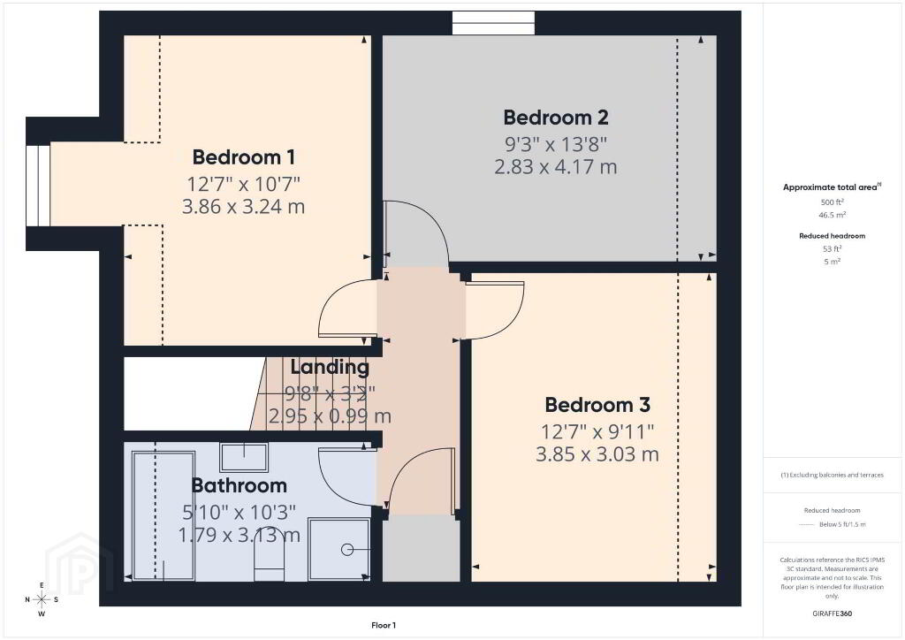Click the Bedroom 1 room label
pyautogui.click(x=244, y=157)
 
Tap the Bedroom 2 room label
pyautogui.click(x=556, y=118)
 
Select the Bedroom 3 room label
pyautogui.click(x=597, y=405)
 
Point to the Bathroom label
pyautogui.click(x=239, y=485)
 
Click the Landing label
pyautogui.click(x=330, y=367)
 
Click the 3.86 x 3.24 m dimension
pyautogui.click(x=244, y=206)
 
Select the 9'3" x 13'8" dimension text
pyautogui.click(x=556, y=144)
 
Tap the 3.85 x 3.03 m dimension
pyautogui.click(x=597, y=453)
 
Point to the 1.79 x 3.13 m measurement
pyautogui.click(x=239, y=535)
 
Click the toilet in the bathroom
pyautogui.click(x=269, y=555)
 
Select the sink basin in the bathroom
pyautogui.click(x=244, y=457)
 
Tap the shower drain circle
pyautogui.click(x=346, y=550)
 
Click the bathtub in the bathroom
pyautogui.click(x=164, y=516)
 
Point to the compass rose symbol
pyautogui.click(x=42, y=599)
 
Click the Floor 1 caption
pyautogui.click(x=384, y=625)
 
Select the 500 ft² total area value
pyautogui.click(x=833, y=202)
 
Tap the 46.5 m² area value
pyautogui.click(x=833, y=215)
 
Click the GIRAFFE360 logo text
pyautogui.click(x=833, y=613)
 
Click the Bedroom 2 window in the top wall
pyautogui.click(x=493, y=23)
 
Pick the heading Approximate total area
pyautogui.click(x=831, y=187)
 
